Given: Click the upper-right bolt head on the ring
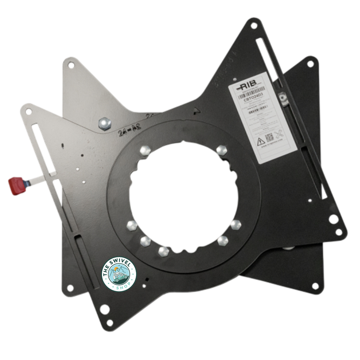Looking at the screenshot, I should [221, 150].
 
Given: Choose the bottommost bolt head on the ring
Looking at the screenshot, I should [163, 251].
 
